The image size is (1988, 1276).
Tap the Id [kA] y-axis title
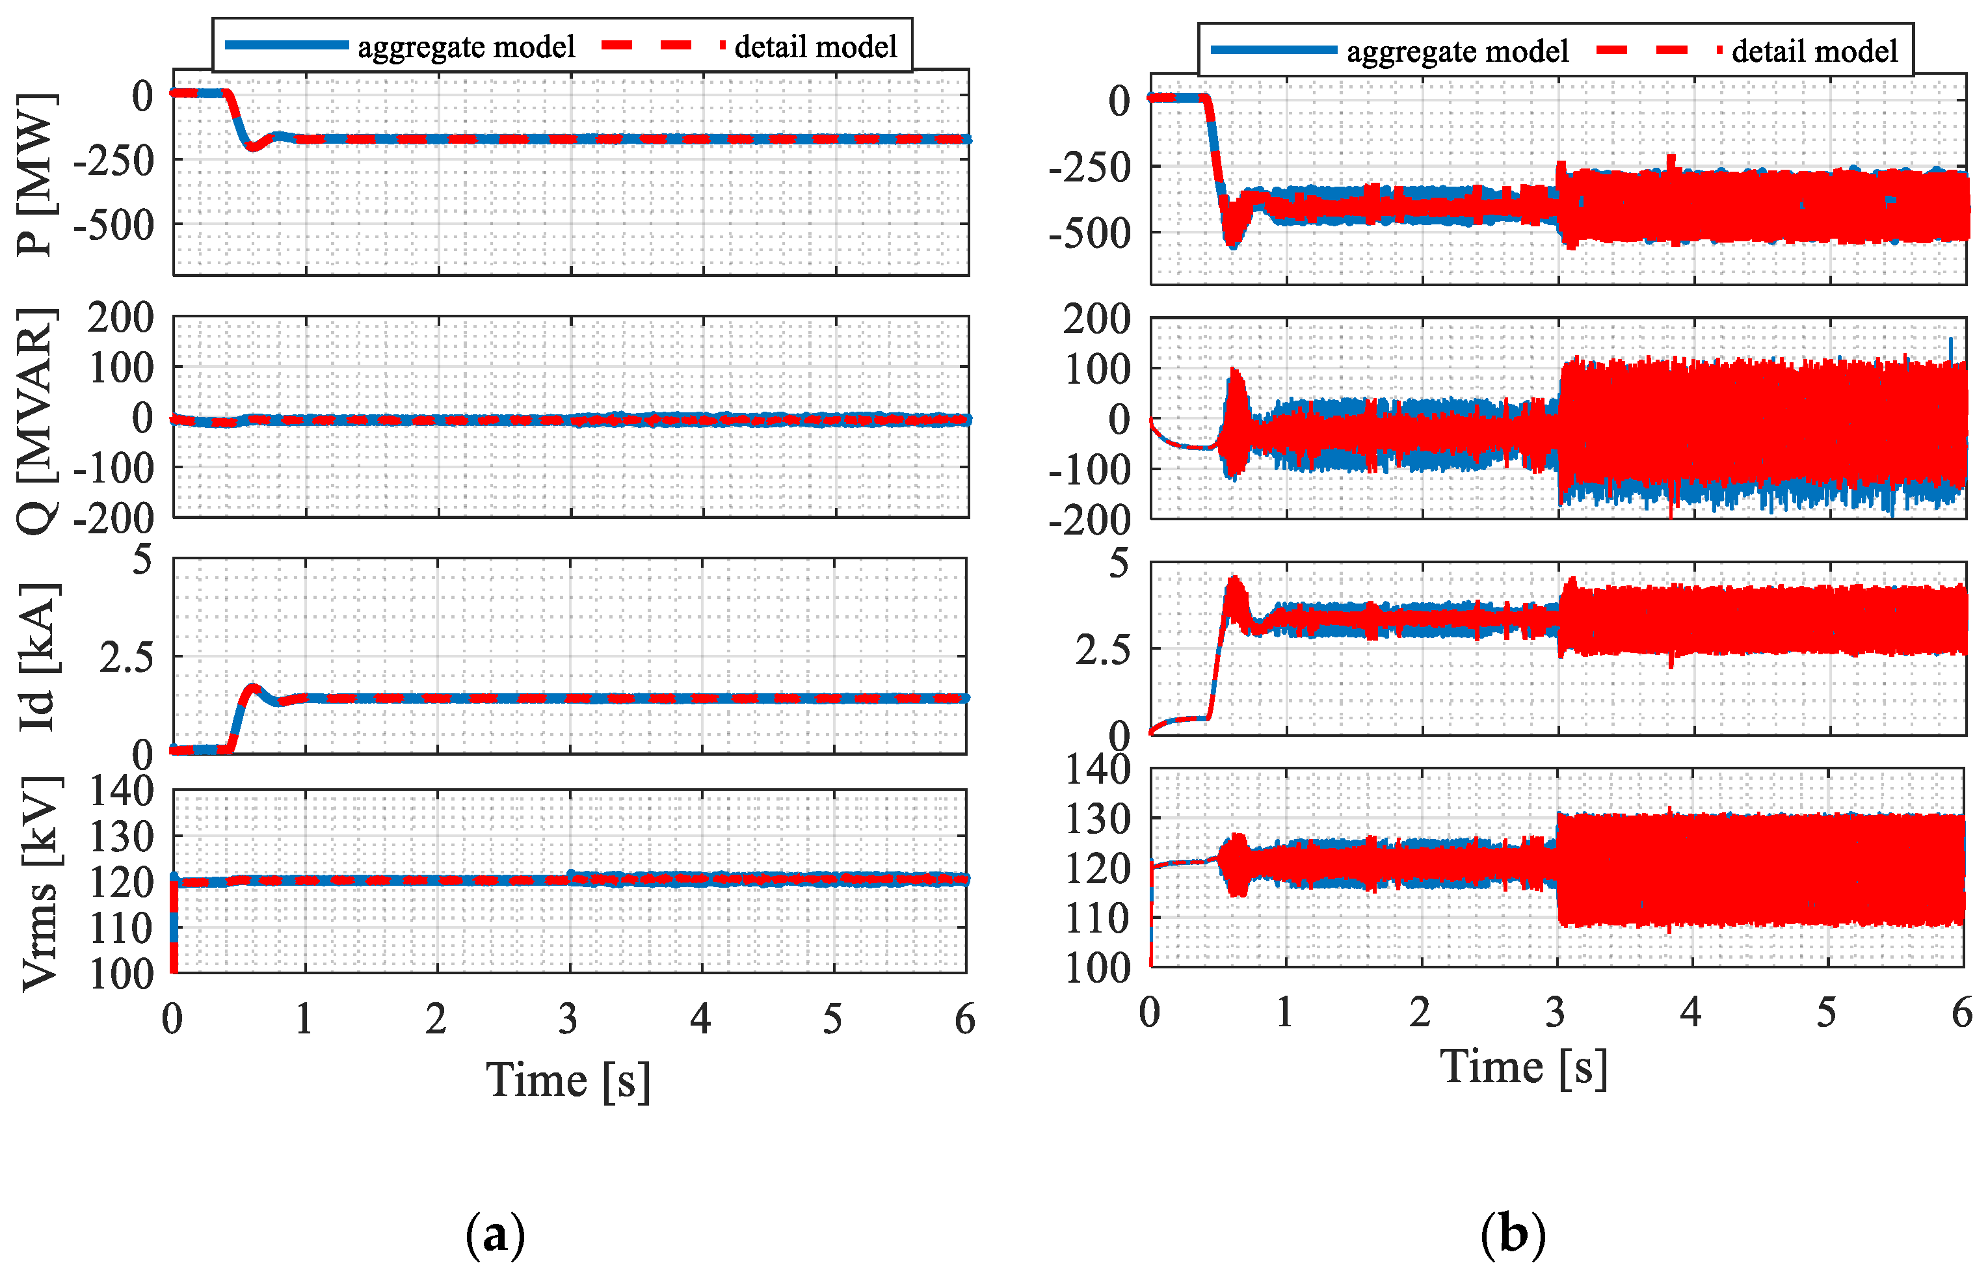click(36, 656)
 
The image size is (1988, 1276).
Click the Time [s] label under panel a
click(568, 1082)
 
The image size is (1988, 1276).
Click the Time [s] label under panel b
click(1524, 1067)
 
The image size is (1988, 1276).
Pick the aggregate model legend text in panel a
click(466, 47)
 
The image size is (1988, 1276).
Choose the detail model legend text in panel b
click(1814, 51)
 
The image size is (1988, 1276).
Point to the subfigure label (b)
click(1513, 1234)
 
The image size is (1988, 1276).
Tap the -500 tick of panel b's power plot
click(1089, 235)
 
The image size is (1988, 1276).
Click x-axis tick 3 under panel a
click(568, 1020)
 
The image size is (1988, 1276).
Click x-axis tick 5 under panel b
click(1827, 1013)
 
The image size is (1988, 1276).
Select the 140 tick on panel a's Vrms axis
click(121, 791)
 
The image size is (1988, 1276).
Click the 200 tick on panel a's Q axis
click(121, 318)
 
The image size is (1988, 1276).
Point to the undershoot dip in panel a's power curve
click(252, 148)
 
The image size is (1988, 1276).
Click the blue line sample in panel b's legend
click(1273, 51)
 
